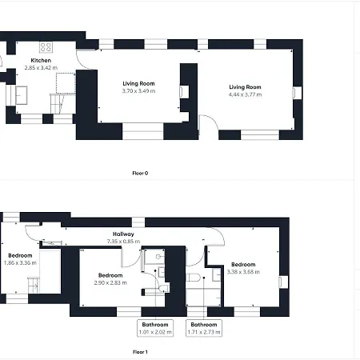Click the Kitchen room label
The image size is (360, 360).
[x=41, y=61]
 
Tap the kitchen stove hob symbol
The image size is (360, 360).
[x=46, y=47]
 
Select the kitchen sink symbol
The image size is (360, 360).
[x=22, y=95]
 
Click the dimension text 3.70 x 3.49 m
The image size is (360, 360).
[x=138, y=91]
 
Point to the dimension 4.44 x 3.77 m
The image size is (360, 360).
[x=245, y=94]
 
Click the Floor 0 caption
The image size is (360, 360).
[x=140, y=173]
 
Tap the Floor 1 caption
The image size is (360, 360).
[x=140, y=352]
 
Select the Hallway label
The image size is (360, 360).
[x=123, y=234]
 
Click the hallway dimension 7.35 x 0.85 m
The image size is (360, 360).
[x=123, y=242]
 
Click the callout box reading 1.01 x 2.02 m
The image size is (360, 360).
[x=155, y=328]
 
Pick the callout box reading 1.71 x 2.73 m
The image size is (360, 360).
[x=204, y=328]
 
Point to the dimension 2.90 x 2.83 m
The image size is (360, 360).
[x=110, y=282]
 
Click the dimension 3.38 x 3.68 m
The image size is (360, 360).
[x=243, y=272]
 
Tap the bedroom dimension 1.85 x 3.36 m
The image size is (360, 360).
[x=20, y=262]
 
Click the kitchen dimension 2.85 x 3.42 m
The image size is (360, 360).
[x=41, y=68]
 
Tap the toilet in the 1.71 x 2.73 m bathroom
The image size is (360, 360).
[x=193, y=278]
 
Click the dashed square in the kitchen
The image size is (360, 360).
[x=66, y=83]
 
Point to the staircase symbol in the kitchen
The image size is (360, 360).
[x=57, y=104]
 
